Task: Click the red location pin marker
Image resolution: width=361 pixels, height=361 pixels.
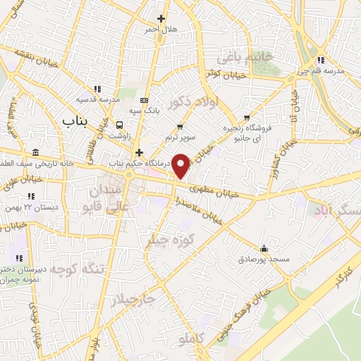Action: (x=182, y=165)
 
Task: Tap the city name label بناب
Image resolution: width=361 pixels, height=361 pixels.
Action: (x=74, y=121)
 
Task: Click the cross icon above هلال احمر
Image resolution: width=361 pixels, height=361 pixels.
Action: (x=161, y=18)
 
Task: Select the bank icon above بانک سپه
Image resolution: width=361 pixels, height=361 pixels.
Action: (x=144, y=99)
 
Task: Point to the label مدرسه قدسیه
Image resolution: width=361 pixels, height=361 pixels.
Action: (x=98, y=99)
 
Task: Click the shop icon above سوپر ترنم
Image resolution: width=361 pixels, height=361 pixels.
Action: (x=181, y=126)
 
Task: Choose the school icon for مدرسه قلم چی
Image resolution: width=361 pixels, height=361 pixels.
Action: (x=322, y=60)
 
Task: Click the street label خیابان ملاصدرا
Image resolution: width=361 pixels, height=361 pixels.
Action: (x=201, y=212)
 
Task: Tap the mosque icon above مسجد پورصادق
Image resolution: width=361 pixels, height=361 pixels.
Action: (x=264, y=248)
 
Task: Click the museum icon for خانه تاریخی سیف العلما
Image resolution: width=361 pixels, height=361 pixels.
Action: (x=35, y=153)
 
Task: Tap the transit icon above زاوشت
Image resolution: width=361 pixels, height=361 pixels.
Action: (x=118, y=124)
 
